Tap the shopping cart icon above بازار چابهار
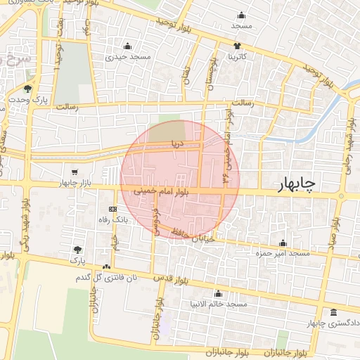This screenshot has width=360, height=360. coord(75,172)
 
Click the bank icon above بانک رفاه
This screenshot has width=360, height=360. coord(112,210)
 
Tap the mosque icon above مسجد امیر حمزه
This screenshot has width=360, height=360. coord(283,243)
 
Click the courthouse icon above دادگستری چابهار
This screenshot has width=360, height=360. coord(333,312)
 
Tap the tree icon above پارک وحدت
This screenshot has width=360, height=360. coord(27,89)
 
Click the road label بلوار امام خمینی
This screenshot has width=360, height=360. coord(166,191)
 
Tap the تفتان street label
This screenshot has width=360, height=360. coord(186,76)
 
